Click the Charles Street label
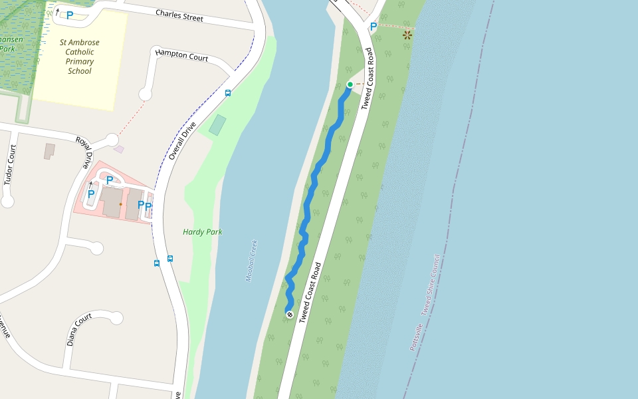(x=179, y=15)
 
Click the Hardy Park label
(x=203, y=232)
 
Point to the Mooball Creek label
(x=251, y=261)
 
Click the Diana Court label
(x=79, y=330)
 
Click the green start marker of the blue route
(x=350, y=84)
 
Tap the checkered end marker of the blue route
(x=290, y=314)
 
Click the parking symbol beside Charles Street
(x=69, y=15)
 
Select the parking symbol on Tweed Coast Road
(x=373, y=27)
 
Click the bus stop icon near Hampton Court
(x=228, y=93)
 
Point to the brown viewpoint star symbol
(x=407, y=35)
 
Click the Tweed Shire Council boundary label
(x=430, y=285)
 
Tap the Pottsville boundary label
(x=416, y=336)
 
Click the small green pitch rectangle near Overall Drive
(x=217, y=124)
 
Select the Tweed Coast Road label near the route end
(x=310, y=293)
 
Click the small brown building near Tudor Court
(x=50, y=151)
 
